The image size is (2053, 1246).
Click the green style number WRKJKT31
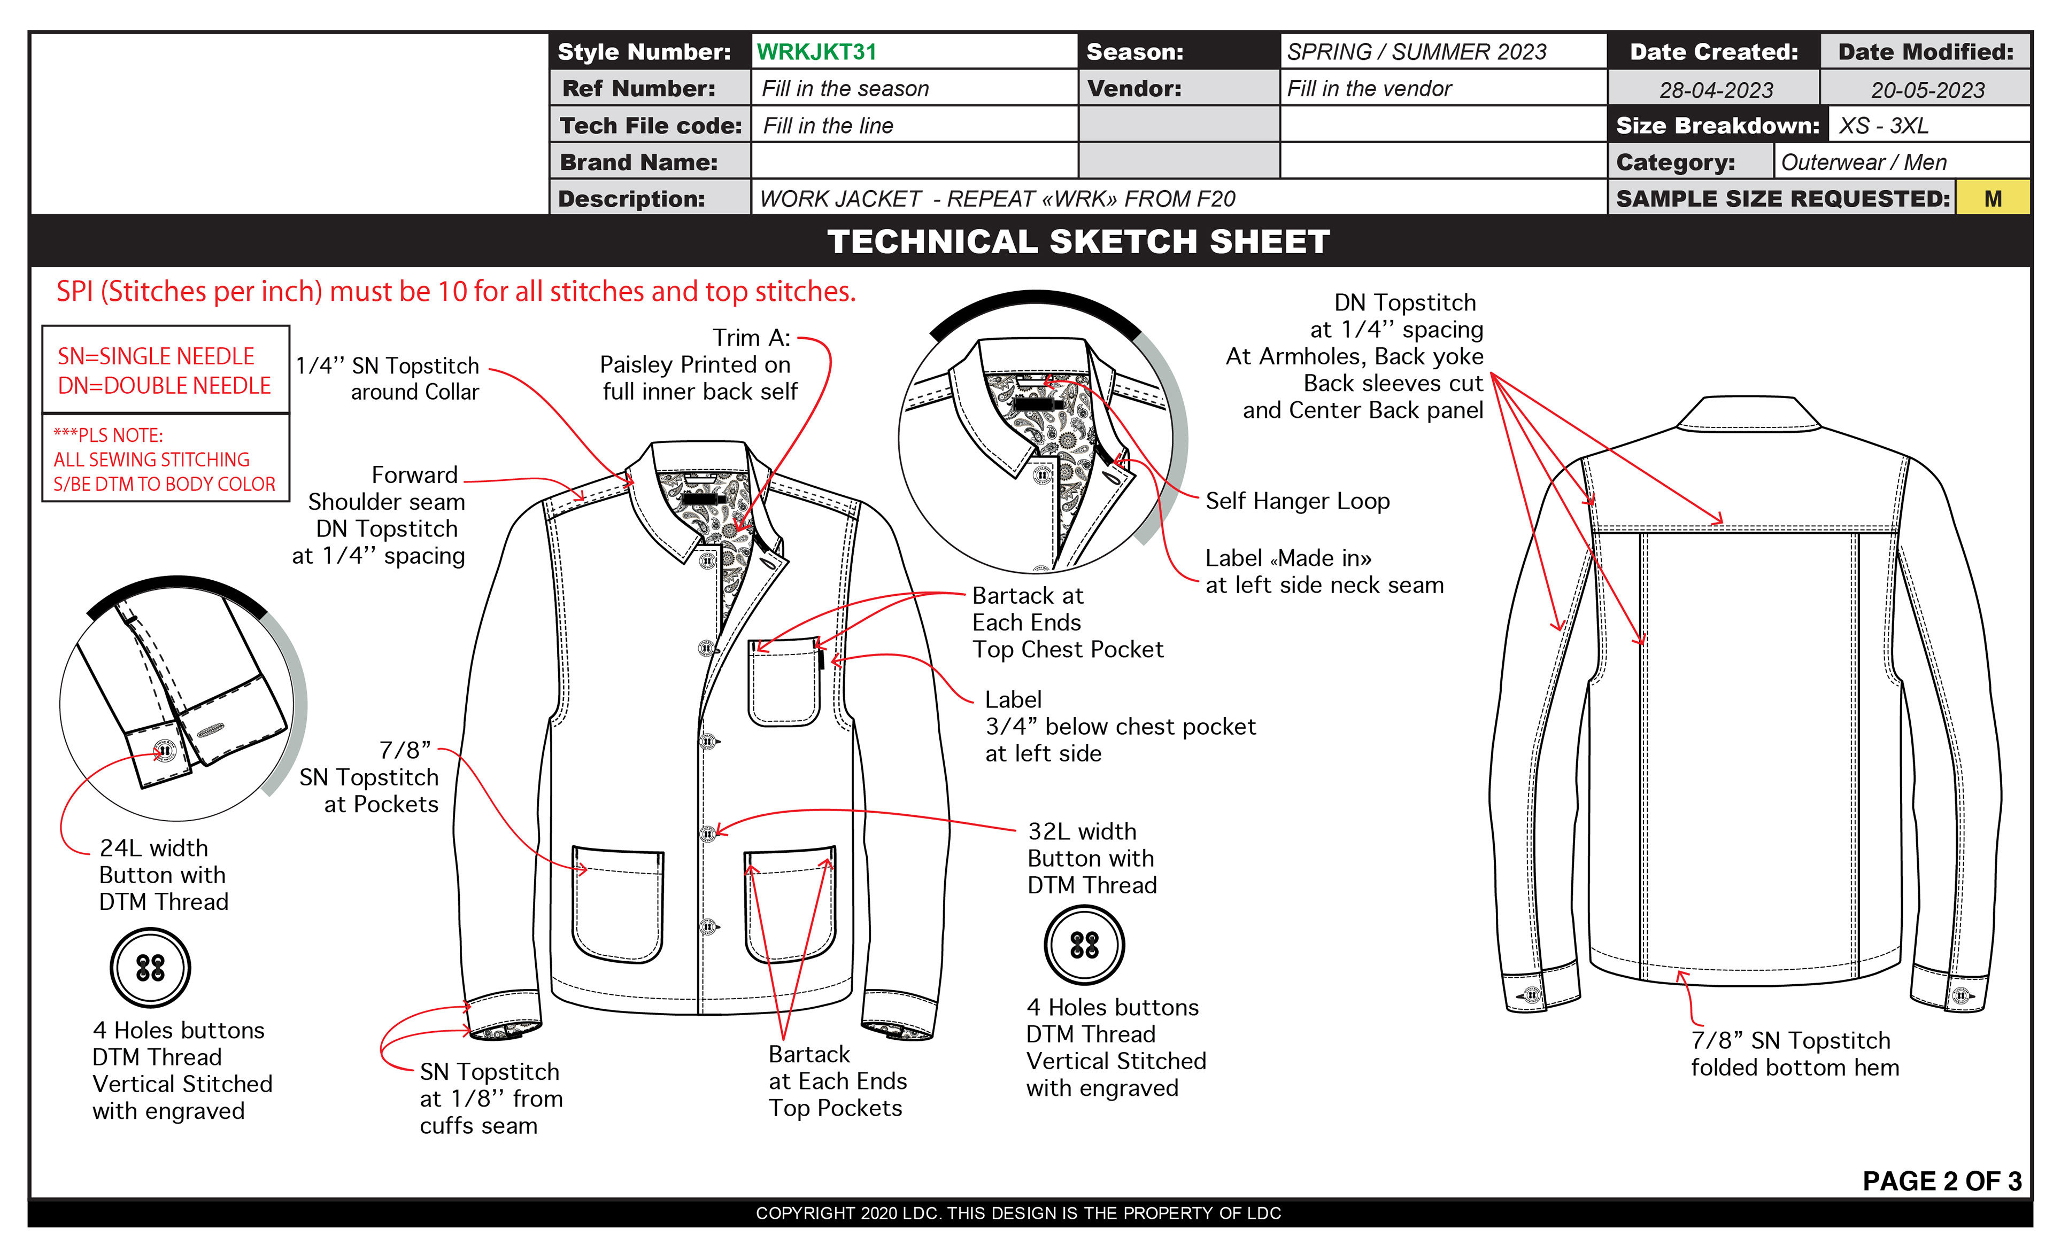point(816,52)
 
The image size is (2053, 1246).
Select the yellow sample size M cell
point(1992,198)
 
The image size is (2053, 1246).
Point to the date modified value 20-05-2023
point(1927,89)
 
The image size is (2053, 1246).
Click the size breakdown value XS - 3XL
point(1883,125)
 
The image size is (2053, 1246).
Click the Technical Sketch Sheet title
point(1078,242)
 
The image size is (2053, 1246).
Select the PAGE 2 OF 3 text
point(1941,1180)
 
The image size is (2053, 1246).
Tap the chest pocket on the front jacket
point(784,683)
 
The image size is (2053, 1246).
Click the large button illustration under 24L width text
point(150,967)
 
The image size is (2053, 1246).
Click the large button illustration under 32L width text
point(1084,945)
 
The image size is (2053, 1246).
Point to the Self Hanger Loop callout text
point(1297,501)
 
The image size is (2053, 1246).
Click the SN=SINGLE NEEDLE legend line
point(156,356)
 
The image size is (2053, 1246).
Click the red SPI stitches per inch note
point(456,292)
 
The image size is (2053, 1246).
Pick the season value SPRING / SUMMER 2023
point(1416,52)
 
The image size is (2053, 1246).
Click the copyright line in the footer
point(1018,1213)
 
